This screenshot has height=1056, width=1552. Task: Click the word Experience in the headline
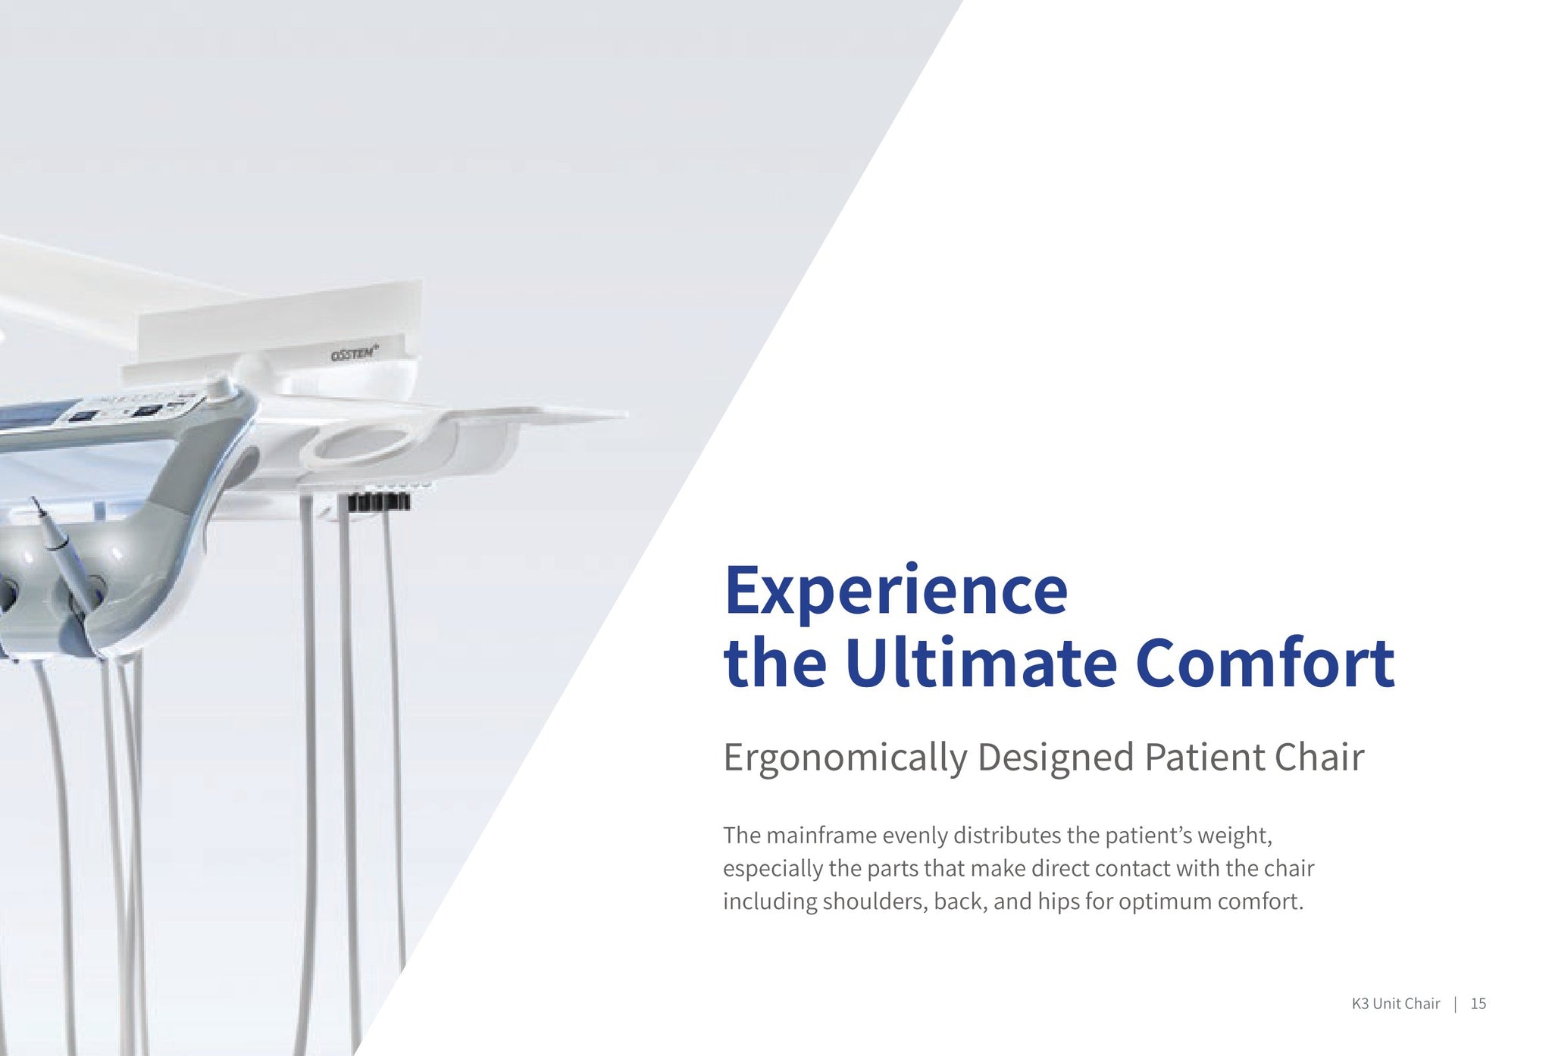click(x=896, y=592)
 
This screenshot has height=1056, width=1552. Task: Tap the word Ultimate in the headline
click(x=981, y=663)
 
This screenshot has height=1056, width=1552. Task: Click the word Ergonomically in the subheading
click(x=845, y=758)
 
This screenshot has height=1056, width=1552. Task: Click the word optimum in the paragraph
click(x=1165, y=901)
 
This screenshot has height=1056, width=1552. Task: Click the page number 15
click(x=1478, y=1004)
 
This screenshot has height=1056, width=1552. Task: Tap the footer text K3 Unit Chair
click(x=1395, y=1004)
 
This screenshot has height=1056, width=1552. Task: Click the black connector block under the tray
click(x=379, y=501)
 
